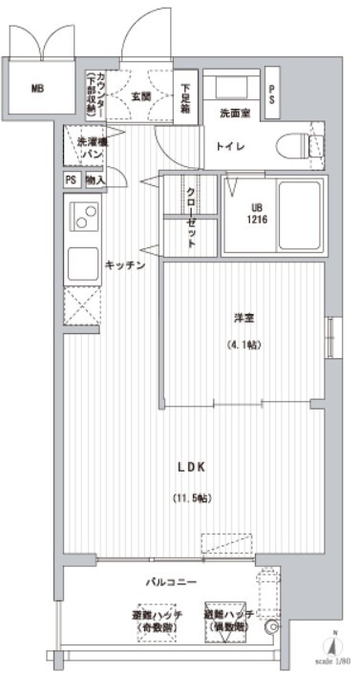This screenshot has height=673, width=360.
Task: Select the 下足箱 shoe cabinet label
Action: (x=185, y=95)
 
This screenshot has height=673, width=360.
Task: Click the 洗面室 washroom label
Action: (x=234, y=114)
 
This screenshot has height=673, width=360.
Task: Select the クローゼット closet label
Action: (x=191, y=215)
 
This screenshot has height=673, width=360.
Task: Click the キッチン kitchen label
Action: (x=124, y=265)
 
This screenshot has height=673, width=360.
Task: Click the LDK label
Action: (x=191, y=467)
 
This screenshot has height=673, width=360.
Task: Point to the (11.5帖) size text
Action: (x=191, y=497)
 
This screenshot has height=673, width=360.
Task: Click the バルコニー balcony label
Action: (x=173, y=580)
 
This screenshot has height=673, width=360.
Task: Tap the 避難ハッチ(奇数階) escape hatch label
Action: (x=156, y=620)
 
